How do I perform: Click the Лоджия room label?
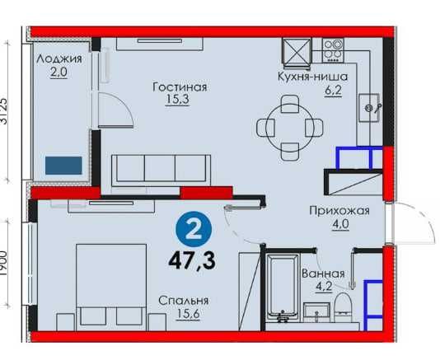(59, 59)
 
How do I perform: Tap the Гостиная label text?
(179, 86)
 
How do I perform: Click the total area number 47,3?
(194, 262)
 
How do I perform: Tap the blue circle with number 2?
(194, 227)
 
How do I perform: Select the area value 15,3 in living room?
(179, 101)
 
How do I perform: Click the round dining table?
(289, 126)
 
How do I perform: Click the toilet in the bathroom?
(344, 312)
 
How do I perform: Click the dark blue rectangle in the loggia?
(65, 165)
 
